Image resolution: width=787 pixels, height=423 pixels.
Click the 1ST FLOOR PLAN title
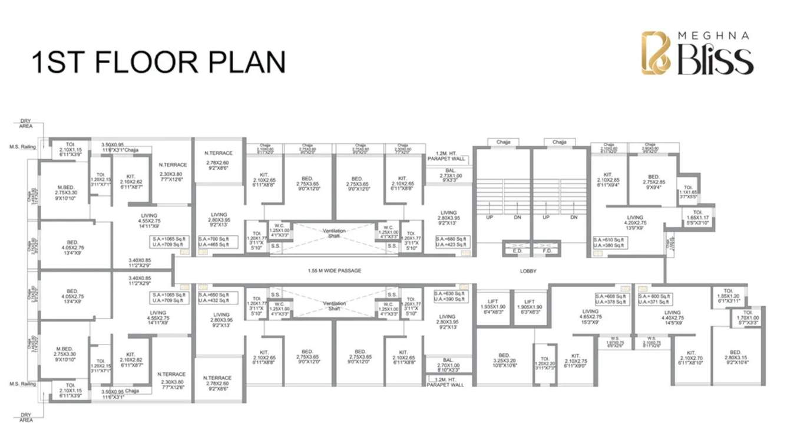(158, 62)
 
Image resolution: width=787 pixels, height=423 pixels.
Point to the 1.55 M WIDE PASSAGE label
(334, 271)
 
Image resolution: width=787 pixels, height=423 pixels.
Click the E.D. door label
(516, 250)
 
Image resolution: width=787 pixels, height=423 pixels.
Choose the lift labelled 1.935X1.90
(493, 307)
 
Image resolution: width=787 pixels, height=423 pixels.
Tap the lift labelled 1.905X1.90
(529, 307)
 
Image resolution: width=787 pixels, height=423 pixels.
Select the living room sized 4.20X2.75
(635, 224)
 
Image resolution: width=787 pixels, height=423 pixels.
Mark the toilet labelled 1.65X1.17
(697, 219)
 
